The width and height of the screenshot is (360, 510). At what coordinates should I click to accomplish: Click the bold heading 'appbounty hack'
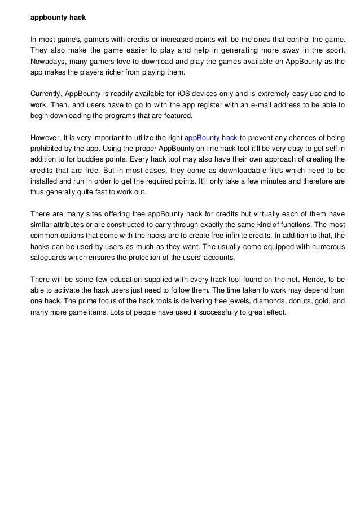point(58,17)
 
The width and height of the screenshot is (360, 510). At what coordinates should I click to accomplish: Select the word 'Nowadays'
point(47,62)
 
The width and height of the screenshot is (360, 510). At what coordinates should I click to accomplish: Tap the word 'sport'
point(333,50)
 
